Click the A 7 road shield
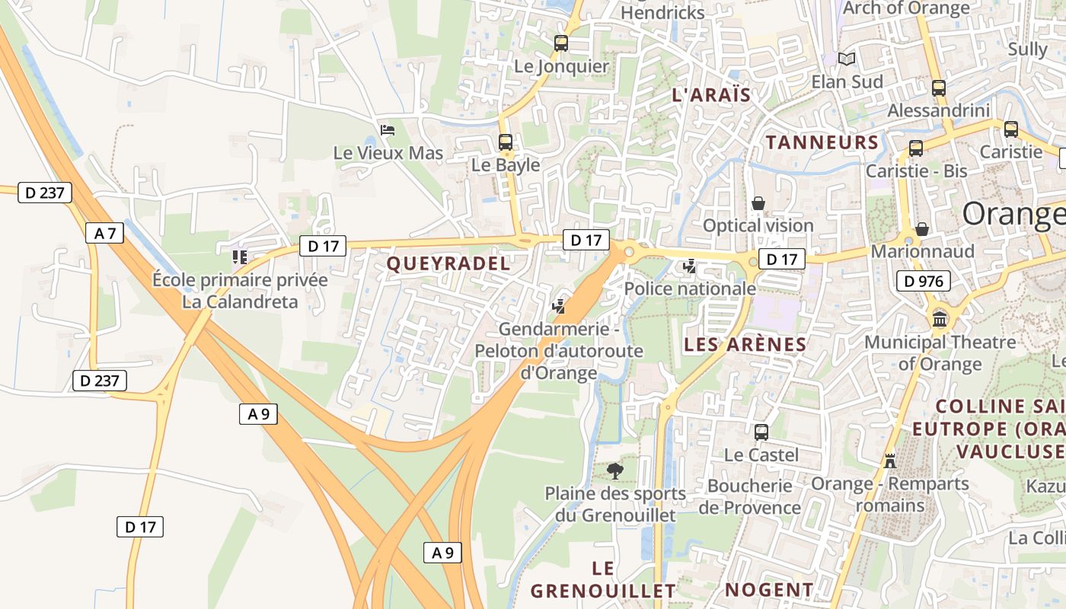coord(105,233)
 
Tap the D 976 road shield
coord(923,281)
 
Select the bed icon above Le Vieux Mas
coord(388,130)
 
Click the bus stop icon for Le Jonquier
coord(561,43)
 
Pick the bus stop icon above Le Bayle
coord(506,142)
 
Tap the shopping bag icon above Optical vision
coord(758,203)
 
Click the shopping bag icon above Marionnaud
coord(922,229)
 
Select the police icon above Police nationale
coord(690,266)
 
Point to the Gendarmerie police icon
coord(559,307)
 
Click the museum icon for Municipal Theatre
coord(940,319)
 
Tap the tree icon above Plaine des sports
coord(615,471)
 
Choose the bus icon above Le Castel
coord(761,432)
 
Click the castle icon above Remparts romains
coord(889,461)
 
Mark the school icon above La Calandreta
coord(240,257)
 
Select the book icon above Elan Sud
coord(847,59)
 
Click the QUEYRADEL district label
coord(448,264)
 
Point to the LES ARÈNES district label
coord(745,345)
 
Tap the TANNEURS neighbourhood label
coord(822,142)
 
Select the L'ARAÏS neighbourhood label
coord(711,95)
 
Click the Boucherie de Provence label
coord(750,496)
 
